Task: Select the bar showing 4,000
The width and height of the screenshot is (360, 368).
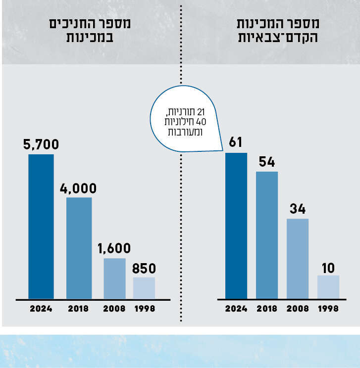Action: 79,248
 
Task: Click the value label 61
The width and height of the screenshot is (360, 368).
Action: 236,143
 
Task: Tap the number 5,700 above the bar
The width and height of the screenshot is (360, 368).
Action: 41,144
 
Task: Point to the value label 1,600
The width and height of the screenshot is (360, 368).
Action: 114,248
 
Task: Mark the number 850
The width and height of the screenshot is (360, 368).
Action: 144,269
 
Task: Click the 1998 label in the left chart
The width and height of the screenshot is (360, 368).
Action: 145,309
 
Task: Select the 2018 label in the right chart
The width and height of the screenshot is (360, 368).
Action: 267,309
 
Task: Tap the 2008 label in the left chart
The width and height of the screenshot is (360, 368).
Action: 114,309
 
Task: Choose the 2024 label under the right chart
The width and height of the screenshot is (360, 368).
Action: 236,309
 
